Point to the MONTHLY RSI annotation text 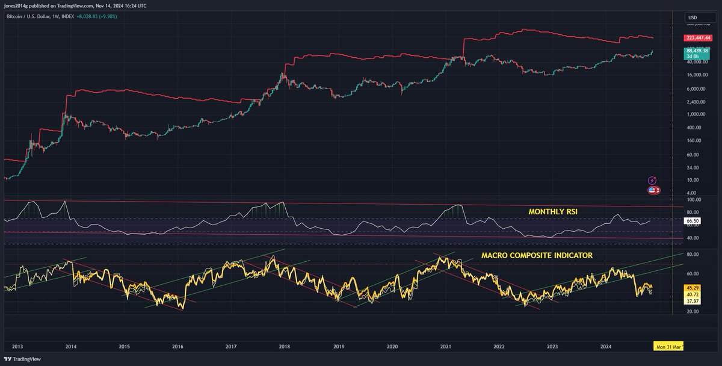(x=553, y=212)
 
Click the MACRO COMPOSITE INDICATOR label (x=537, y=255)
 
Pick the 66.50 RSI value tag (x=693, y=221)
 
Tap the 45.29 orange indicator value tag (x=693, y=288)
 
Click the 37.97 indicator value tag (x=693, y=302)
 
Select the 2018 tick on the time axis (x=285, y=347)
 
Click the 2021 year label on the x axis (x=446, y=347)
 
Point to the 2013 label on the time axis (x=17, y=347)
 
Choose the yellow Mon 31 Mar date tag (x=668, y=347)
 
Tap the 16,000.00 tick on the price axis (x=698, y=75)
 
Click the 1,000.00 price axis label (x=697, y=114)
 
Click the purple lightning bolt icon (x=653, y=180)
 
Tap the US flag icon (x=652, y=190)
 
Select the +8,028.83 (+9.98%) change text (x=100, y=16)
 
